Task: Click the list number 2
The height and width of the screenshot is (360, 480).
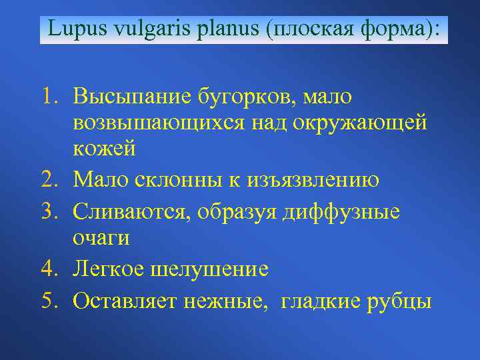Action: pos(51,180)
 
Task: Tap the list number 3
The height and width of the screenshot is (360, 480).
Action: pos(51,211)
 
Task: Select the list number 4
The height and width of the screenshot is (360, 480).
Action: pos(51,270)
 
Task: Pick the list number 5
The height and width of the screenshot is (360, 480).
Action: pos(51,301)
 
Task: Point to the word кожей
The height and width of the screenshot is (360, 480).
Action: pos(105,149)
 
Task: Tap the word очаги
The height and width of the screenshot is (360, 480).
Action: pos(102,238)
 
